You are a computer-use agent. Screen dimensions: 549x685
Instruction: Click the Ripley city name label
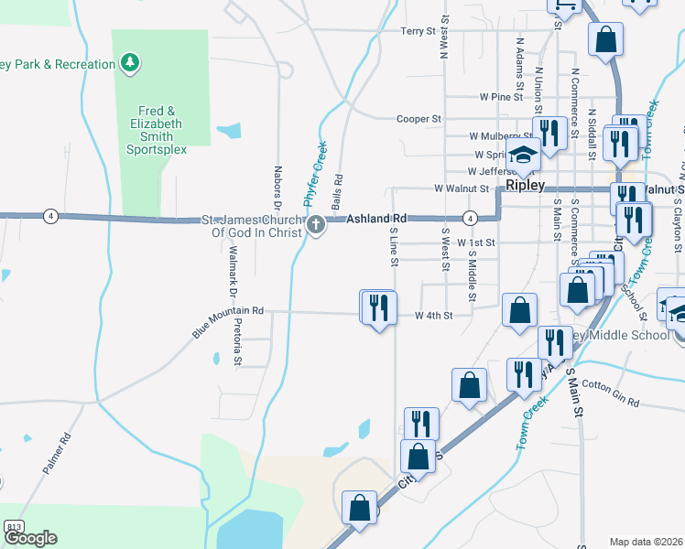(526, 185)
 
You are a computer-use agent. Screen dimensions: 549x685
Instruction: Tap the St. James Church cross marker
(316, 225)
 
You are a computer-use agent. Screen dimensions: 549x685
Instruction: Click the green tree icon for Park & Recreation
(132, 63)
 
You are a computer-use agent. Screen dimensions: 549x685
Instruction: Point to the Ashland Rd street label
(376, 219)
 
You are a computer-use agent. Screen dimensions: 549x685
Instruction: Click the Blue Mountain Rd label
(228, 321)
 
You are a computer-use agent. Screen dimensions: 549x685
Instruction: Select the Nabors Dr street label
(277, 187)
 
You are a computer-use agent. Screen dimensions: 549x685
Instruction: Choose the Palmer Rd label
(55, 454)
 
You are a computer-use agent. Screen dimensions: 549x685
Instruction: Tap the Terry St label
(419, 31)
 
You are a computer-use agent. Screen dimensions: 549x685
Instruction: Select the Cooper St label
(419, 119)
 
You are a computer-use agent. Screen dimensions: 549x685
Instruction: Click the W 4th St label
(434, 316)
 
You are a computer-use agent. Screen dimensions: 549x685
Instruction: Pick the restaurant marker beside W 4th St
(378, 307)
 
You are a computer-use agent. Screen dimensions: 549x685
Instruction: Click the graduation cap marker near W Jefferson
(523, 157)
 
